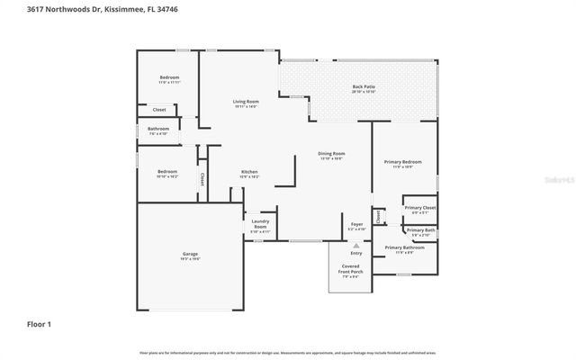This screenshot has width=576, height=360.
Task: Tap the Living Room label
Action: pos(246,103)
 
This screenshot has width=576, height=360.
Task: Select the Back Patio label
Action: pos(364,87)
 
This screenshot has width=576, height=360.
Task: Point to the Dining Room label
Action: pos(332,154)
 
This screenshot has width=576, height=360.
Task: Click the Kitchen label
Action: pos(249,172)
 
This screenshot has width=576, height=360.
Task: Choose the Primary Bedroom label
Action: pos(402,162)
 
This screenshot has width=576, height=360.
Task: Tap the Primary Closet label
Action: pos(419,208)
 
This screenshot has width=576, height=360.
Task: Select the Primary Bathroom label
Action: pos(404,247)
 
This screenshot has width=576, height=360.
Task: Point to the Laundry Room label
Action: pos(259,224)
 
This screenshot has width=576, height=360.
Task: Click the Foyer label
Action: pos(356,224)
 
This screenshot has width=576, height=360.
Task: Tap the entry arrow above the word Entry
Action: pos(356,245)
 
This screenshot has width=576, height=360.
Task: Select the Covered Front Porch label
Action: pos(349,271)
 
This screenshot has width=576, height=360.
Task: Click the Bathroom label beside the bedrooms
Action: pos(158,129)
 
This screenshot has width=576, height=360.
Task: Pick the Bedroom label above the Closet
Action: pos(169,77)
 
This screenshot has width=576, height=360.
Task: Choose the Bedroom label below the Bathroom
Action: pos(167,172)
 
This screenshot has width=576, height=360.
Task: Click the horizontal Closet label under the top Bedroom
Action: pos(158,110)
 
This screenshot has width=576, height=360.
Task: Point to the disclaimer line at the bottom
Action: pos(288,351)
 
